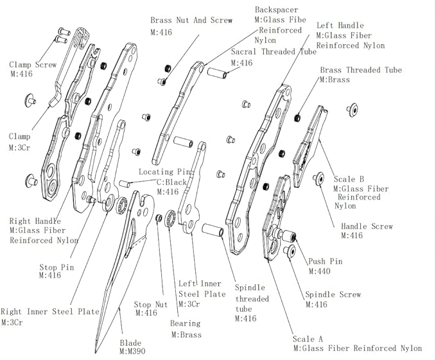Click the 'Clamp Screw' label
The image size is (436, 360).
coord(33,64)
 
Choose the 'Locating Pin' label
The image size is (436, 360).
coord(165,173)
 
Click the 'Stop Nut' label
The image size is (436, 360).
coord(151,305)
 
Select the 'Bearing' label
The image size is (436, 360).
coord(185,323)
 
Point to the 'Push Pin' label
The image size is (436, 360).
coord(326,262)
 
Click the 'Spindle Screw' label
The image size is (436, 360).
coord(333,295)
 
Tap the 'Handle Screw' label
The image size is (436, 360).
coord(367,226)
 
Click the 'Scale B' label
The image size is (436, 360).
coord(349,178)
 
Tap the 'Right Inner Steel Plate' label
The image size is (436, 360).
coord(50,311)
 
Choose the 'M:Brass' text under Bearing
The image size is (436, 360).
coord(186,334)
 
